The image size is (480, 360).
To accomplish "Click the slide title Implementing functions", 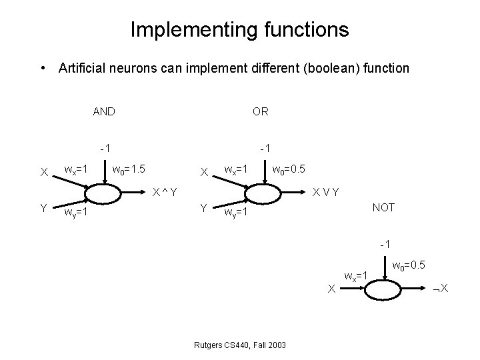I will coord(239,29).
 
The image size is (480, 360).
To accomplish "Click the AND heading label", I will coord(103,111).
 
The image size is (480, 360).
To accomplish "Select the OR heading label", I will coord(261,111).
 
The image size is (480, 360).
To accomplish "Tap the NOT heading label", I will coord(383,207).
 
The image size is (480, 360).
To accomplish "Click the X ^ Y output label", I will coord(164,193).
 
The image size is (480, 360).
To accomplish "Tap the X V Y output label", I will coord(327,193).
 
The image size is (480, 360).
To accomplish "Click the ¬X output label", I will coord(441,289).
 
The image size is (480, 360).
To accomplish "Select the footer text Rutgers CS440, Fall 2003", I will coord(239,344).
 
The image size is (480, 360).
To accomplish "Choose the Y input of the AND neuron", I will coord(43,208).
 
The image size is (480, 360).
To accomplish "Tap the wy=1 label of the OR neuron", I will coord(236,213).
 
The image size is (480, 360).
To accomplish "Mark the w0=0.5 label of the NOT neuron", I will coord(409,266).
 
